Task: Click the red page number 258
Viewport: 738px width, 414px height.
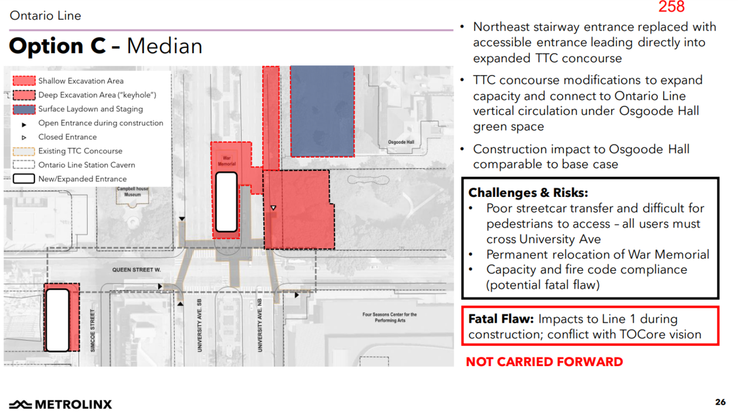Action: [x=672, y=6]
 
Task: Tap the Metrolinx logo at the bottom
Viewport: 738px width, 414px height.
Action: [x=61, y=404]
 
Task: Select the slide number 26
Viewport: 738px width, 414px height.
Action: [x=720, y=402]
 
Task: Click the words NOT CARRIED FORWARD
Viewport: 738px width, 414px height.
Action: [x=544, y=362]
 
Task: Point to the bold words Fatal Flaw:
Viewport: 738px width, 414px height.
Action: [x=501, y=319]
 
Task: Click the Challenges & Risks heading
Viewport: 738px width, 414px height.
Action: [x=528, y=193]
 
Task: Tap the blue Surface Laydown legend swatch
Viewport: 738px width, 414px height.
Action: [x=24, y=109]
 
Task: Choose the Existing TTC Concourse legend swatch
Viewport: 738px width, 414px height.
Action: [x=24, y=151]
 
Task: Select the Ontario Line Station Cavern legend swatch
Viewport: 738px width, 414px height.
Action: [x=24, y=165]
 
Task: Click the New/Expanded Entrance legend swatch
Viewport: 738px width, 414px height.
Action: [x=24, y=179]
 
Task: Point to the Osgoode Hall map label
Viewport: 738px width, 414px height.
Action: [x=401, y=142]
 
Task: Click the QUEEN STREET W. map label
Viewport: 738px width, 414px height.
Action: [x=137, y=270]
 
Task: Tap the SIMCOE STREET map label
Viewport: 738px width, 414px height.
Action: [x=93, y=330]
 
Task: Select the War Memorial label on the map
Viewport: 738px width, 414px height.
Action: [x=227, y=161]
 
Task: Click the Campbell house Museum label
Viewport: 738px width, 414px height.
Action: [x=133, y=192]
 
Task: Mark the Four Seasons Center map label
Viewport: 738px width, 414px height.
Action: [x=390, y=318]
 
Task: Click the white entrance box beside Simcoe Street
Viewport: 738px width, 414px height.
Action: [x=58, y=320]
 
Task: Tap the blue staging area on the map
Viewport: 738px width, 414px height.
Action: [x=322, y=111]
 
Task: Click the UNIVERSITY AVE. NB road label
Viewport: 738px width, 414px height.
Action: [x=260, y=325]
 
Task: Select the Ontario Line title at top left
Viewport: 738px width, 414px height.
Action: [x=46, y=16]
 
